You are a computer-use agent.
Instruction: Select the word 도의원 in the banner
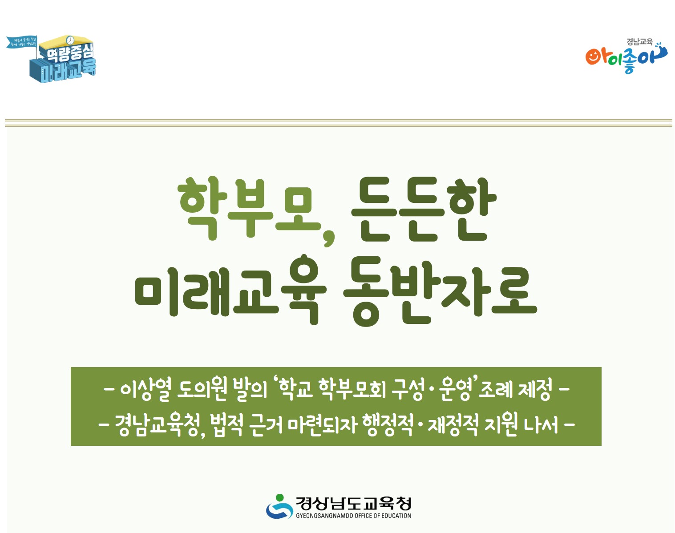(x=202, y=389)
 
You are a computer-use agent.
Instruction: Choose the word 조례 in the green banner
(x=495, y=390)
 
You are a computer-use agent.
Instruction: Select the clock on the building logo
(x=70, y=40)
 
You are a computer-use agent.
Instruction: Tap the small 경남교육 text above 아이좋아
(x=639, y=42)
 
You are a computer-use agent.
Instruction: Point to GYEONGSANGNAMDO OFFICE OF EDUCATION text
(x=353, y=516)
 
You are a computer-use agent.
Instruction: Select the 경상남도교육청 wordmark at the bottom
(x=353, y=504)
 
